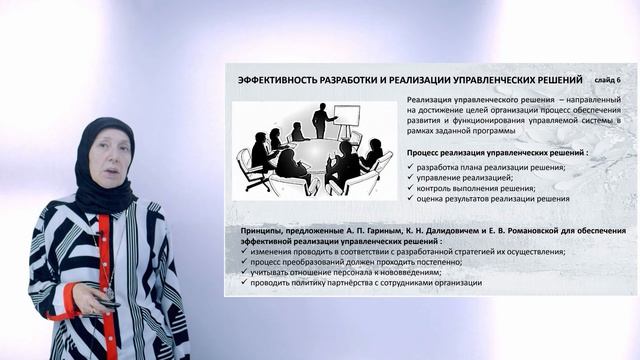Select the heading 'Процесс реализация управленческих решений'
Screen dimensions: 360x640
pos(497,152)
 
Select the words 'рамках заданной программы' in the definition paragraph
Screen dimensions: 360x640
pos(462,131)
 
